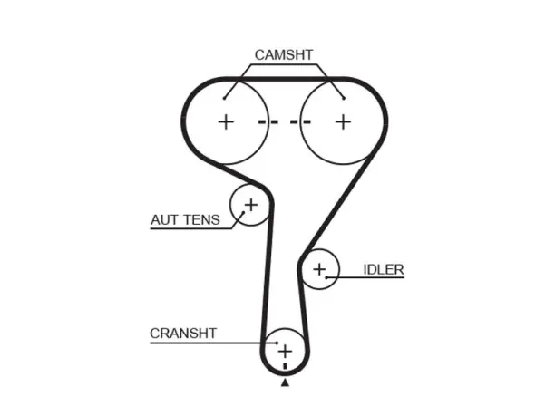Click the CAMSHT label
(284, 54)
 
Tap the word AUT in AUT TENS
(163, 219)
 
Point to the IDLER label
(384, 269)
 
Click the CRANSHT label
(183, 334)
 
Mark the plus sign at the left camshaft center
(226, 122)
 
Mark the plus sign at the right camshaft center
(343, 122)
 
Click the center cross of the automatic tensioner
(251, 205)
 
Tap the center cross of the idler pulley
(319, 269)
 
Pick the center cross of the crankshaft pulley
(285, 352)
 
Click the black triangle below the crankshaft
(285, 382)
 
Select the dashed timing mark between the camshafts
(285, 122)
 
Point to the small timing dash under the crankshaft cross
(285, 366)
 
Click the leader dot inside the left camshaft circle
(224, 98)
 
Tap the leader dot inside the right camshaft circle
(344, 98)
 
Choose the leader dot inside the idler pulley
(326, 277)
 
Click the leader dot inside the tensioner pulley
(243, 213)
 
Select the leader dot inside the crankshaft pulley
(277, 343)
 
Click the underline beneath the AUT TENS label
(191, 229)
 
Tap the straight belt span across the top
(285, 79)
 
